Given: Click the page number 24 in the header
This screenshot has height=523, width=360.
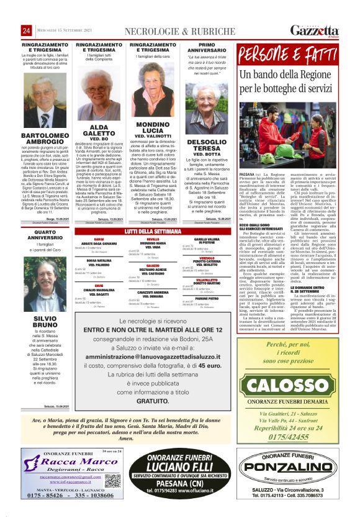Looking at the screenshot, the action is [27, 31].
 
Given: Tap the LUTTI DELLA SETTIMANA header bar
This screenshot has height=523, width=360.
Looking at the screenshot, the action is [152, 232].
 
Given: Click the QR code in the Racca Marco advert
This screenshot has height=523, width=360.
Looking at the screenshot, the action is [113, 463].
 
